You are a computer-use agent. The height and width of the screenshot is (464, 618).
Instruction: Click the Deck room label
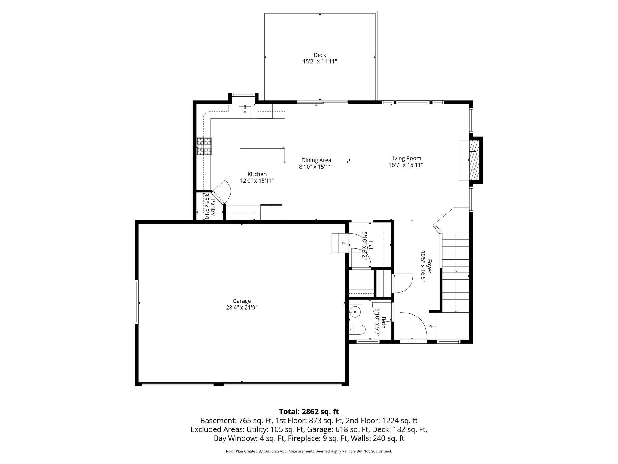[320, 55]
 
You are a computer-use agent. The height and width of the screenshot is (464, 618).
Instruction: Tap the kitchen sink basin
[245, 112]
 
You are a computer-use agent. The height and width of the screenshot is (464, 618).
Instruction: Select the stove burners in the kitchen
[204, 146]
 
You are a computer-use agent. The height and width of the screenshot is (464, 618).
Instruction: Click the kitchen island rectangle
[262, 156]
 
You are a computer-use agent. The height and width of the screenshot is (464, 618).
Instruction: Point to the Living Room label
[406, 159]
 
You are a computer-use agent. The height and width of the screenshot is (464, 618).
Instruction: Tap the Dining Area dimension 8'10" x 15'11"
[316, 167]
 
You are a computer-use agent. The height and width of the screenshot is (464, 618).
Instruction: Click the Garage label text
[242, 301]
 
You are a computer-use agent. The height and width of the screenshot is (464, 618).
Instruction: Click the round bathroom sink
[355, 312]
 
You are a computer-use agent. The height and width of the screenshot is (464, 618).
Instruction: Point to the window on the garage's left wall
[137, 302]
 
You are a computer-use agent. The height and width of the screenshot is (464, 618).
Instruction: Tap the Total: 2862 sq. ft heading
[309, 412]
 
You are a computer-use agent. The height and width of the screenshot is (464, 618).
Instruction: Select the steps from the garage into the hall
[340, 243]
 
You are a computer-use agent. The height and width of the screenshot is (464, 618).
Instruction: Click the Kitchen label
[257, 174]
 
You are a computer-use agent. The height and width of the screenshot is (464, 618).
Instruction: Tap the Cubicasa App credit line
[309, 451]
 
